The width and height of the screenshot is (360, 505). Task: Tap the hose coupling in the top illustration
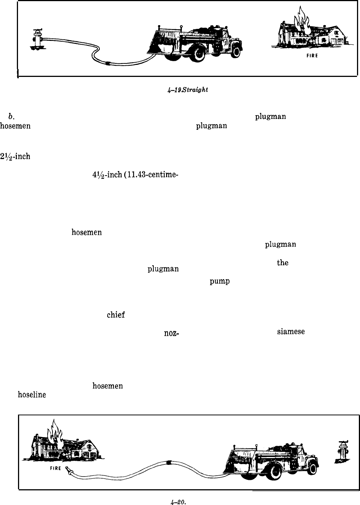(108, 63)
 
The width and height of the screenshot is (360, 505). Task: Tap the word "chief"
(115, 315)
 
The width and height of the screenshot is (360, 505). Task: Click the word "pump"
(219, 281)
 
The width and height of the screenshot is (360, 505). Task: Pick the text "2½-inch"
(15, 156)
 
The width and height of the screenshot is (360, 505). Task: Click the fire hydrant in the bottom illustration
(342, 452)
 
